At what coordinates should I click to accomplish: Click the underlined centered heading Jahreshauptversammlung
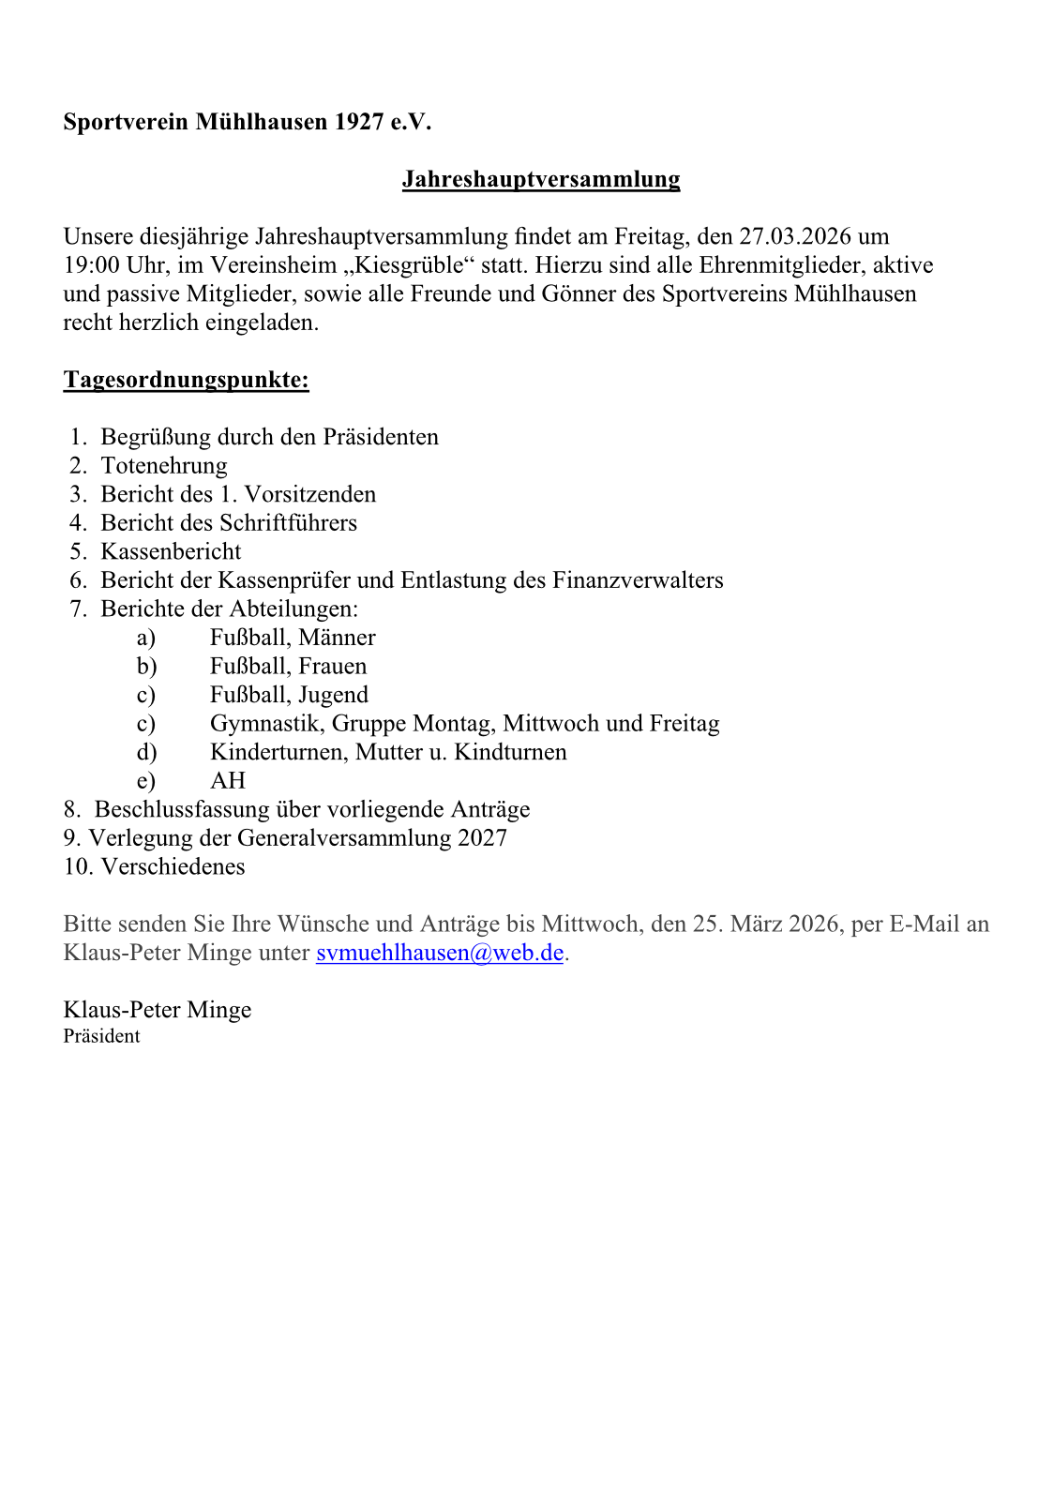pos(541,179)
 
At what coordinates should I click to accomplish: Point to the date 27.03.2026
pos(795,236)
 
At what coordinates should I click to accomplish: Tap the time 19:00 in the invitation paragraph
pos(92,265)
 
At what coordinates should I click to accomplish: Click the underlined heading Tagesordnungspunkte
pos(186,380)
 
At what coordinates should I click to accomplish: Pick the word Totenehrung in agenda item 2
pos(164,466)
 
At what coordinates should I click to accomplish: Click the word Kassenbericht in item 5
pos(171,551)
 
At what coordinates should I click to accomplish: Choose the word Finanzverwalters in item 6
pos(638,580)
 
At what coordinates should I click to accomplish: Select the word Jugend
pos(333,695)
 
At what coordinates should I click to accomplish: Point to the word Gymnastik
pos(266,724)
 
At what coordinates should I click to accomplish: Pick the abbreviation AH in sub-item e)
pos(228,781)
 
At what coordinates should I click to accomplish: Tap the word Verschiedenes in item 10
pos(173,866)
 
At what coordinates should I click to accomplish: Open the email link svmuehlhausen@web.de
pos(440,953)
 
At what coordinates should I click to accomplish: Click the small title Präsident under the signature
pos(101,1036)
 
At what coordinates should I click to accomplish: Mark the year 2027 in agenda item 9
pos(482,838)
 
